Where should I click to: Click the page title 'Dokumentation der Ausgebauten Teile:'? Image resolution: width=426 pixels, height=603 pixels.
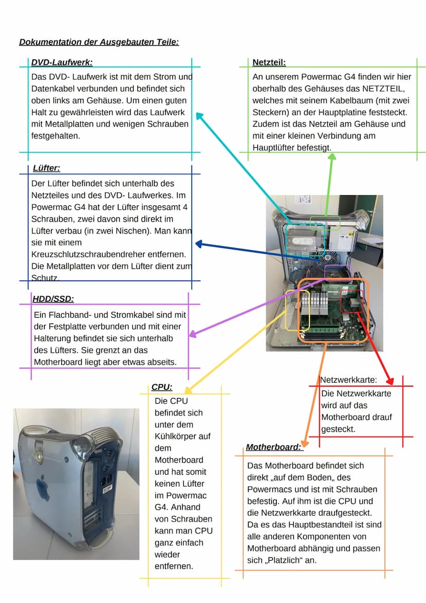[x=99, y=42]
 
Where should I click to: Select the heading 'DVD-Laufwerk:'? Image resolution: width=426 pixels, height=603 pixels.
[x=62, y=62]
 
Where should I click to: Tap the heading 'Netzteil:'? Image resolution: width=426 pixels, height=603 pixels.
[x=269, y=62]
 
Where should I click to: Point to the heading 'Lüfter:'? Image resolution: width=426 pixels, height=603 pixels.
[x=46, y=168]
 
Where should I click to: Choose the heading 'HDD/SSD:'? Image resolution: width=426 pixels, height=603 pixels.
[x=53, y=298]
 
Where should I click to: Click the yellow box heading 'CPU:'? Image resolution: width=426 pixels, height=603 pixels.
[x=162, y=387]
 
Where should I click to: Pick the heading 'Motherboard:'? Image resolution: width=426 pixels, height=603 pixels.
[x=273, y=447]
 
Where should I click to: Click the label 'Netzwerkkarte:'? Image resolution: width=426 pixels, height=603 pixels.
[x=349, y=380]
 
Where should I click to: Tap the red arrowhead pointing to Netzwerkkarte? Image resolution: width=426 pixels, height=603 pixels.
[x=390, y=382]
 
